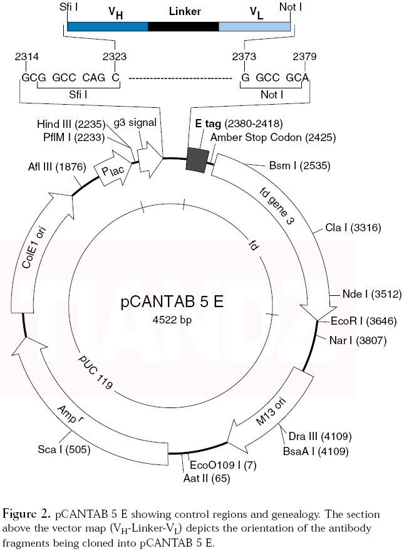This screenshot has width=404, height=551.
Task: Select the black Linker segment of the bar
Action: [183, 27]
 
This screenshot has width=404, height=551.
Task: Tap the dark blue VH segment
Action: [107, 27]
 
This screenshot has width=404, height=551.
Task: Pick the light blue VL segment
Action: [254, 27]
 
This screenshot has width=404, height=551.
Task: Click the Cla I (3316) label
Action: [353, 227]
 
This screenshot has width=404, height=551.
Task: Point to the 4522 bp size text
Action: [172, 320]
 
